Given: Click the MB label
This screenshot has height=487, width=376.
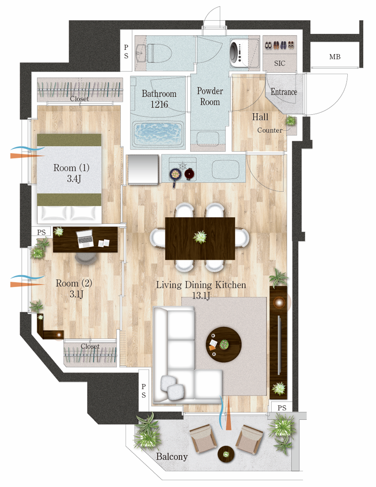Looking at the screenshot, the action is tap(335, 57).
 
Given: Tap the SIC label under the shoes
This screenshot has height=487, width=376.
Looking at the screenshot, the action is tap(280, 63).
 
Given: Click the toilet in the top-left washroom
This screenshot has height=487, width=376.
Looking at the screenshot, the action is tap(159, 53).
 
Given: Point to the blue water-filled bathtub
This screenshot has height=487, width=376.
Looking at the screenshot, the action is tap(158, 134).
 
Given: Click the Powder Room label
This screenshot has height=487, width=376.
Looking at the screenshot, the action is tap(210, 96).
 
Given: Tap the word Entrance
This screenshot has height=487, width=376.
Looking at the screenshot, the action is tap(284, 92).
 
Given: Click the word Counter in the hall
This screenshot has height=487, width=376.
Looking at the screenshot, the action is tap(270, 130).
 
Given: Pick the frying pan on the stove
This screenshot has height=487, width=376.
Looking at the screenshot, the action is tap(176, 176).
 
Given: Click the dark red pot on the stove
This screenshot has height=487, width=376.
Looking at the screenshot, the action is tap(189, 173).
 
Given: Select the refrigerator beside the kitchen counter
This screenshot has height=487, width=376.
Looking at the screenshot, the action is tap(143, 170).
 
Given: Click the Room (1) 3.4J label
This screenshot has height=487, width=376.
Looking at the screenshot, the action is tap(72, 173).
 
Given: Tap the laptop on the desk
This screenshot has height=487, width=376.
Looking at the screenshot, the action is tap(85, 238).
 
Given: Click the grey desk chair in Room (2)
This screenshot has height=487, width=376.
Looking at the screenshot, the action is tap(86, 259).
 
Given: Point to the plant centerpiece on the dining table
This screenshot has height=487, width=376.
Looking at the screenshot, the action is tap(200, 237).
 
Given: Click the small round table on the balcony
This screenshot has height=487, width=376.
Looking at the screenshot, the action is tap(226, 455).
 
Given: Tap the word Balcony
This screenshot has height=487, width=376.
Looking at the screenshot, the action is tap(172, 456).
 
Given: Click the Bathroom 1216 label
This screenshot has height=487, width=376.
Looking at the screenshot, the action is tap(159, 99).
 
